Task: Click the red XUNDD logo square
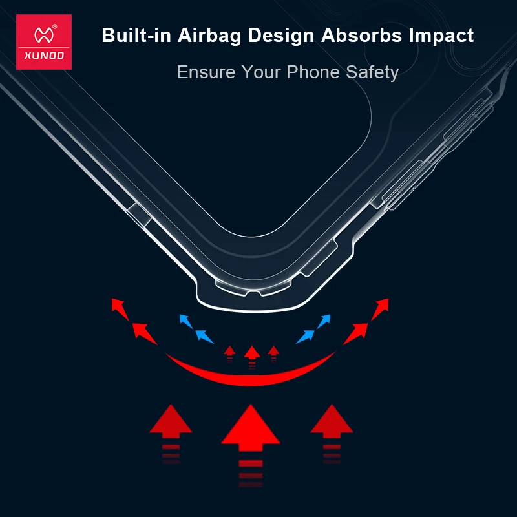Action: [x=44, y=42]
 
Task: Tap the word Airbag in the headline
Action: [x=209, y=36]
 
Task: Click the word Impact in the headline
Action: [x=441, y=36]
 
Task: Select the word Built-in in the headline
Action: [x=136, y=35]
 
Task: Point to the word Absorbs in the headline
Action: [x=361, y=35]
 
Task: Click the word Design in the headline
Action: [x=281, y=36]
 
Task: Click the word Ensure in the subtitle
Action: [x=206, y=72]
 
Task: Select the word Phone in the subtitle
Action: [x=313, y=72]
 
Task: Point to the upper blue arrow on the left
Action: [x=186, y=321]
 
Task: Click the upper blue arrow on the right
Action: [x=324, y=321]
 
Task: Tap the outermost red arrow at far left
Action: [x=120, y=309]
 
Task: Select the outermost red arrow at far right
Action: [x=380, y=309]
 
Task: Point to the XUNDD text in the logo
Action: [x=44, y=56]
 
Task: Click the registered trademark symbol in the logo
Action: [x=55, y=26]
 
